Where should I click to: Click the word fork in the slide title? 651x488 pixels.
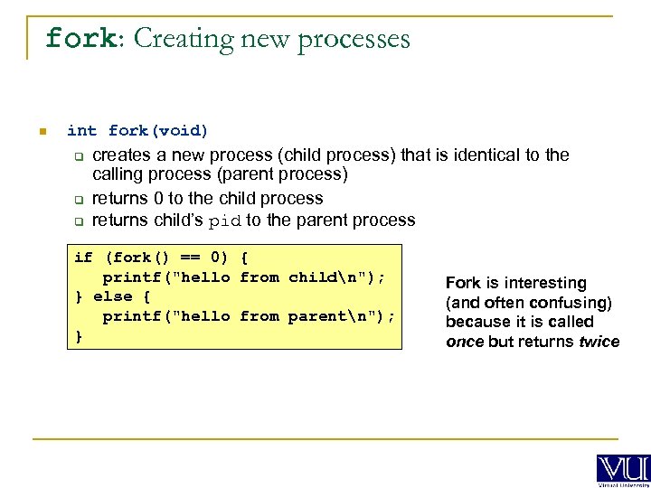pyautogui.click(x=79, y=39)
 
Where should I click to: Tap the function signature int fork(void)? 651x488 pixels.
pyautogui.click(x=137, y=131)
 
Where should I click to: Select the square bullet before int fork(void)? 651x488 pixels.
pyautogui.click(x=42, y=132)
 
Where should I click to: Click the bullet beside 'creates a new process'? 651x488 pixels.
pyautogui.click(x=79, y=156)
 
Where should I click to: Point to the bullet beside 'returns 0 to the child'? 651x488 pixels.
pyautogui.click(x=79, y=200)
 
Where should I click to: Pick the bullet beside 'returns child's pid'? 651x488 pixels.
pyautogui.click(x=79, y=221)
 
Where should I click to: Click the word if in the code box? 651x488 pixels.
pyautogui.click(x=83, y=258)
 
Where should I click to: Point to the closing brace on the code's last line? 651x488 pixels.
pyautogui.click(x=78, y=336)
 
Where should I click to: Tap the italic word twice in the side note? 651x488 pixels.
pyautogui.click(x=599, y=342)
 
